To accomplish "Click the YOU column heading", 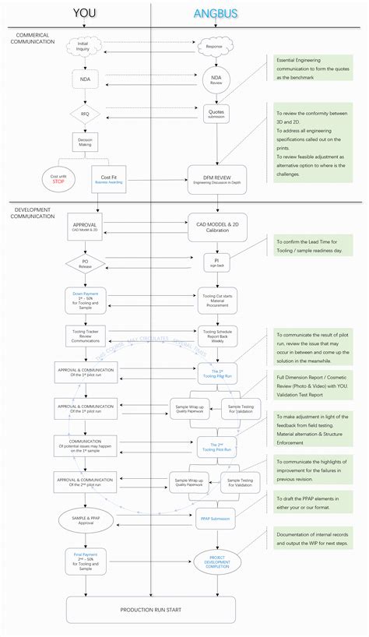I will [x=85, y=13].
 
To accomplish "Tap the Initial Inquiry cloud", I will [x=85, y=46].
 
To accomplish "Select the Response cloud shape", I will [x=215, y=47].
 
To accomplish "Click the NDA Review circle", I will [x=216, y=79].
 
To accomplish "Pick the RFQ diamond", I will [x=85, y=113].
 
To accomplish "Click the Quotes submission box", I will [x=216, y=114].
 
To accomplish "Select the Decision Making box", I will [x=85, y=143].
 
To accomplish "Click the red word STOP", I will [x=58, y=181].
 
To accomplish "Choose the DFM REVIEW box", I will [x=216, y=178].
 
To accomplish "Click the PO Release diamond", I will [x=85, y=263].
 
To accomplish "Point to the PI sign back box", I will [x=216, y=262].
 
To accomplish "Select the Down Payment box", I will [x=85, y=299].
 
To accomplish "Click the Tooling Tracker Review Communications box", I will [x=85, y=335].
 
